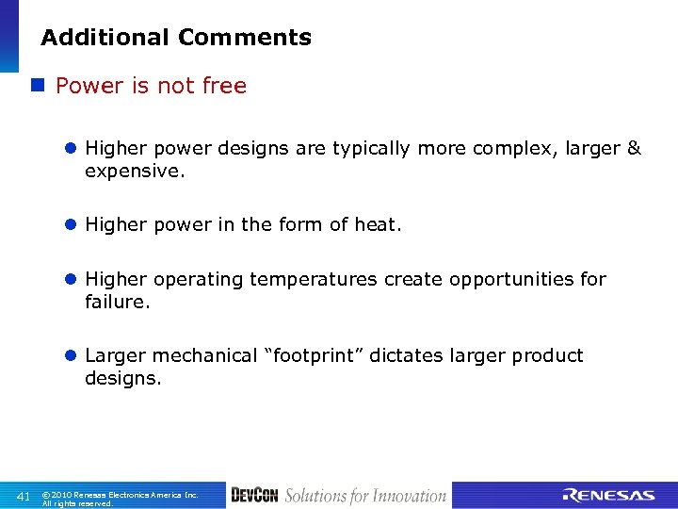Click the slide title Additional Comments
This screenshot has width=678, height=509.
[176, 38]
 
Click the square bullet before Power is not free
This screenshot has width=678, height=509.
[38, 86]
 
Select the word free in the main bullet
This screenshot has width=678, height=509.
[226, 86]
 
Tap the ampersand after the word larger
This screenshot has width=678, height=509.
[634, 148]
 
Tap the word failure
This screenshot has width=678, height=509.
[117, 303]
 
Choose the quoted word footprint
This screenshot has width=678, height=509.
[315, 355]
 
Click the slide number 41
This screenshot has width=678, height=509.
[24, 496]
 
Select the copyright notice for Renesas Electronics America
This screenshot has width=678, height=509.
[120, 499]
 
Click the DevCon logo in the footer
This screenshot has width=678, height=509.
[254, 496]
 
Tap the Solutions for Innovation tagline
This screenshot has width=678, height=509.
[365, 496]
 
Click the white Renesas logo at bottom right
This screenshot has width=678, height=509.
[608, 496]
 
